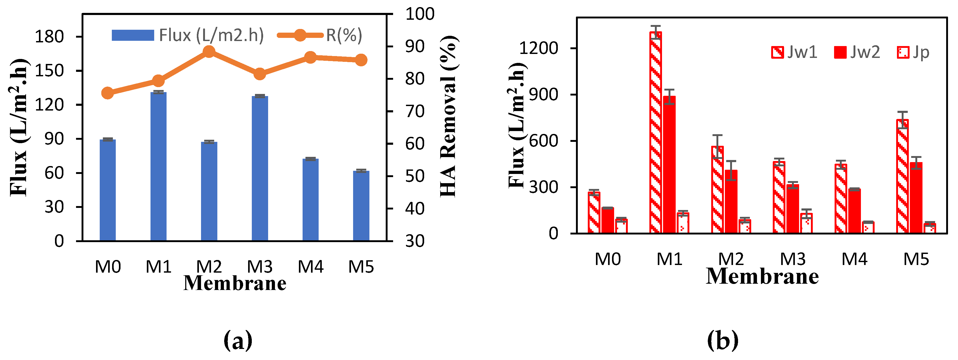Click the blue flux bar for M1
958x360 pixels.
[x=158, y=167]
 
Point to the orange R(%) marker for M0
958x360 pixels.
[x=107, y=93]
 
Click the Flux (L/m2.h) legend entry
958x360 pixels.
[x=188, y=35]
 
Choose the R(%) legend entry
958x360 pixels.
[x=320, y=35]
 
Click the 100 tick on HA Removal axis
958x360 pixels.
[x=419, y=14]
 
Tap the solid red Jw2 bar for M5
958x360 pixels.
[x=916, y=198]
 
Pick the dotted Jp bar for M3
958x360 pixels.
[x=806, y=223]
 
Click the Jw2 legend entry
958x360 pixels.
[x=857, y=52]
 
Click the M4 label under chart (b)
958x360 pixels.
[x=854, y=259]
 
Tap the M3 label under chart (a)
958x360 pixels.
[x=260, y=267]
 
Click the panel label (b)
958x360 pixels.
[x=722, y=340]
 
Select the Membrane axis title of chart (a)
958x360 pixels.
[x=235, y=283]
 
